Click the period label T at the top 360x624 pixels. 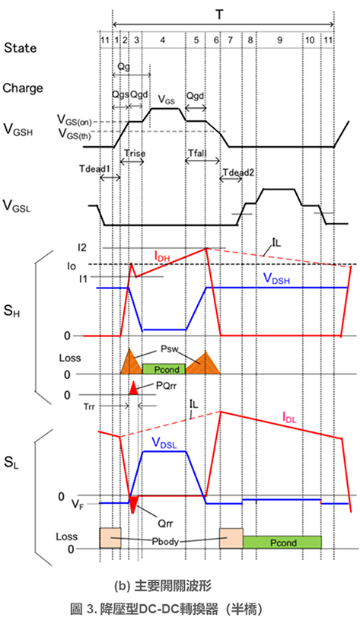coord(219,15)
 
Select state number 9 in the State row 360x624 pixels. coord(280,40)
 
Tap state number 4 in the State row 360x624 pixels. coord(162,40)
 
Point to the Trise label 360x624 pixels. coord(135,153)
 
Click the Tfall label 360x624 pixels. coord(198,153)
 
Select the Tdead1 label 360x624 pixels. coord(94,167)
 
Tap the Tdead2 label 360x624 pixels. coord(238,172)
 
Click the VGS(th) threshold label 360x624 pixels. coord(75,134)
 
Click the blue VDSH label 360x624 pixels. coord(277,279)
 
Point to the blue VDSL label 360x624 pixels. coord(164,443)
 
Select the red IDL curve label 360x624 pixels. coord(289,418)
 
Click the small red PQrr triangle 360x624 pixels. coord(133,388)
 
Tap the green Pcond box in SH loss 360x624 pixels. coord(164,369)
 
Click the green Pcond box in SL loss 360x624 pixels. coord(282,542)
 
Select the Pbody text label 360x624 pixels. coord(165,542)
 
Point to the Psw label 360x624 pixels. coord(170,349)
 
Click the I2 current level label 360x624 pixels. coord(83,247)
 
